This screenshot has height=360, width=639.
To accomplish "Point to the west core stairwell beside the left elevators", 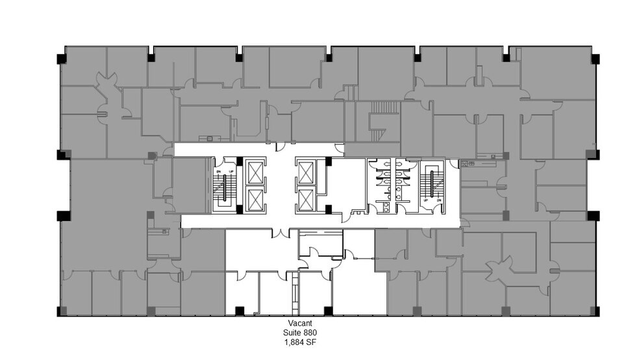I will pos(225,185).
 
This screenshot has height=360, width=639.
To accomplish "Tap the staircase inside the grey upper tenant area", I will pos(383,107).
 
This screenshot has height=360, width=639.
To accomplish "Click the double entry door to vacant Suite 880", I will pos(281,232).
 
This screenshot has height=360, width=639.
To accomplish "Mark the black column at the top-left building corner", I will pos(61,58).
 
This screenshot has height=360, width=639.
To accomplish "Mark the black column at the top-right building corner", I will pos(594,58).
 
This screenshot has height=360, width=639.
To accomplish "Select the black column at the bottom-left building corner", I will pos(61,311).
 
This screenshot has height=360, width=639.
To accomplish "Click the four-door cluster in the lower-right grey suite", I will pos(504,267).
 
